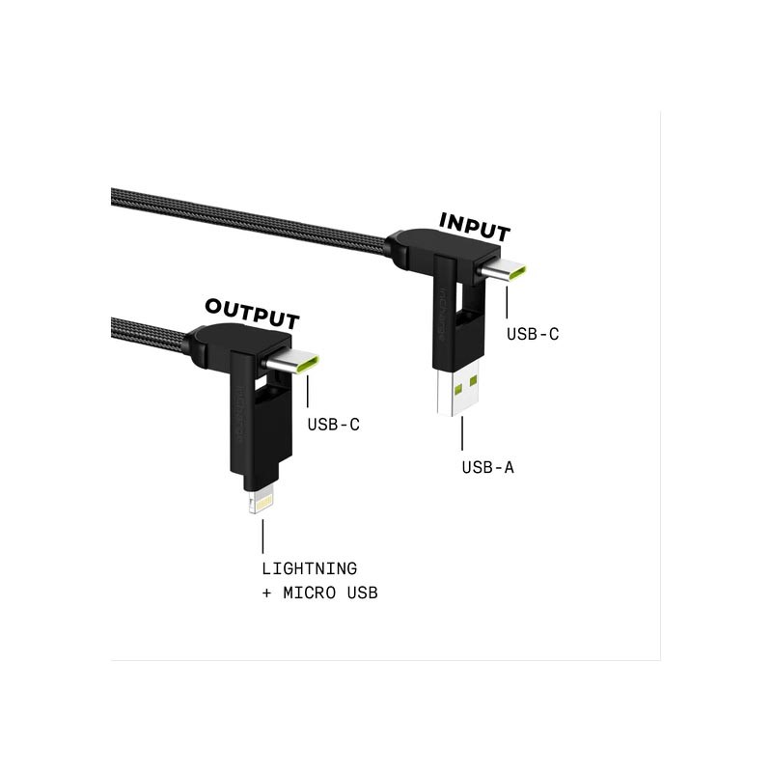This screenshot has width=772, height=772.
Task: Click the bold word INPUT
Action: pyautogui.click(x=475, y=228)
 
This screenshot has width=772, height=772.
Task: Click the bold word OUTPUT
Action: pyautogui.click(x=252, y=314)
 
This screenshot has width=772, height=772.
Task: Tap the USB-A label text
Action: pyautogui.click(x=488, y=467)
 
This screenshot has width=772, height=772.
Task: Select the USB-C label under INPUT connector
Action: pyautogui.click(x=533, y=334)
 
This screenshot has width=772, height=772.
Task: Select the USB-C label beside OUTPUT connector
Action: pyautogui.click(x=333, y=425)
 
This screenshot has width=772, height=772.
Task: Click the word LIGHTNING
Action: pyautogui.click(x=309, y=568)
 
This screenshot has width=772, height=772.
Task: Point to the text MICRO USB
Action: pyautogui.click(x=330, y=593)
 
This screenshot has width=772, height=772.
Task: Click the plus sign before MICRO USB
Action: pyautogui.click(x=266, y=593)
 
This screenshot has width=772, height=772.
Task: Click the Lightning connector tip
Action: pyautogui.click(x=261, y=502)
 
